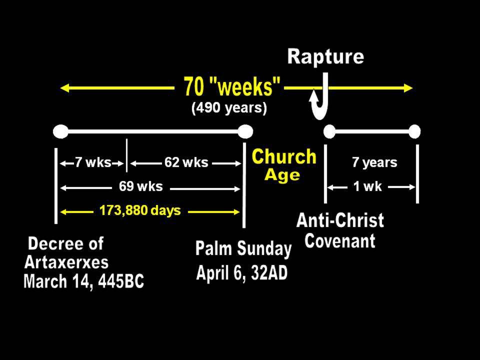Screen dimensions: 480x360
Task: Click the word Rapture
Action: click(x=325, y=56)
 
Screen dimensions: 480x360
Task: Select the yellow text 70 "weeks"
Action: click(x=231, y=86)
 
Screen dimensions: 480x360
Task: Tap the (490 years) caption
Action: click(x=229, y=108)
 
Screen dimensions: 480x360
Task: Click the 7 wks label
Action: click(x=93, y=162)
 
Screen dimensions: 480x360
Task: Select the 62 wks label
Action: click(x=186, y=162)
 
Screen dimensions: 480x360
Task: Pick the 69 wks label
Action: click(x=141, y=186)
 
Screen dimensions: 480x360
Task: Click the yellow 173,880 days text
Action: click(x=140, y=210)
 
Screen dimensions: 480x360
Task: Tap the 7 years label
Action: click(x=374, y=162)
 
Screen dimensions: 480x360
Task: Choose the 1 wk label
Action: click(x=367, y=186)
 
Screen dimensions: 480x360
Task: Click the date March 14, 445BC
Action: click(x=83, y=281)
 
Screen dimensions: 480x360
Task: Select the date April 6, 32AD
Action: click(x=242, y=272)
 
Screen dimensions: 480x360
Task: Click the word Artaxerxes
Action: click(x=66, y=262)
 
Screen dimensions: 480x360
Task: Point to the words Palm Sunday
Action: click(x=243, y=248)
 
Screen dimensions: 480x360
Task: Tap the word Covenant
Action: click(x=340, y=241)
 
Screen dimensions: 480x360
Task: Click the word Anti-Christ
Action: click(x=340, y=220)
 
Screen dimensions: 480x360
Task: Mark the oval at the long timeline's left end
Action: click(x=60, y=131)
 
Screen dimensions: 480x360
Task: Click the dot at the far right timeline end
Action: click(x=414, y=131)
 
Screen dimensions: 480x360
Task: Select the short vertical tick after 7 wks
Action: click(x=126, y=155)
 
